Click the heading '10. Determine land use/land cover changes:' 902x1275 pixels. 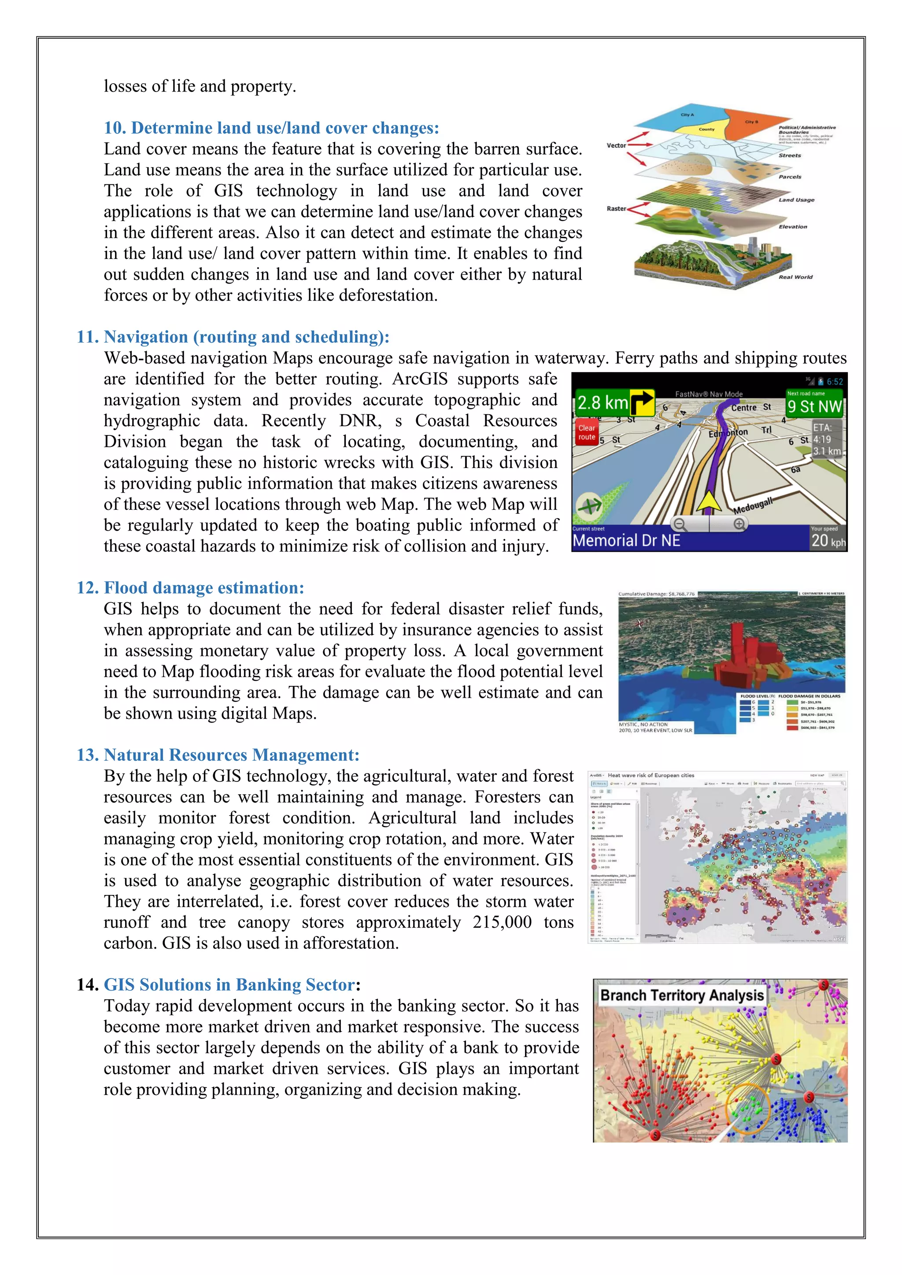point(271,128)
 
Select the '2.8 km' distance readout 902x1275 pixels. point(602,402)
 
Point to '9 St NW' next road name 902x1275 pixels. point(814,406)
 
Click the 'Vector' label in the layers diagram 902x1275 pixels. point(616,145)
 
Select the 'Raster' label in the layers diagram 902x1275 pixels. point(616,209)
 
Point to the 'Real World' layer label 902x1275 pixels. point(795,277)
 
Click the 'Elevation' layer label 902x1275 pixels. point(793,227)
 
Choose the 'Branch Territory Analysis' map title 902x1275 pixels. point(682,995)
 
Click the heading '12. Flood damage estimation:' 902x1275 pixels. point(191,588)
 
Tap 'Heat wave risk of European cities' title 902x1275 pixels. point(651,775)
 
